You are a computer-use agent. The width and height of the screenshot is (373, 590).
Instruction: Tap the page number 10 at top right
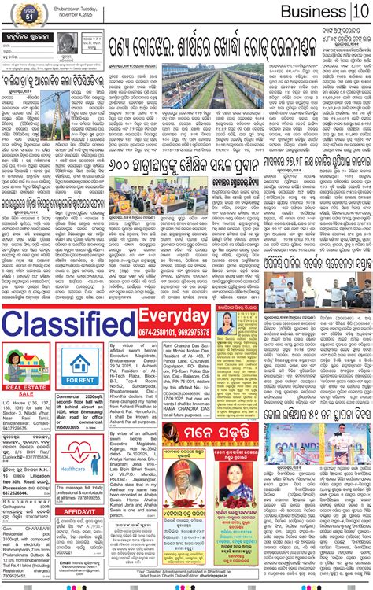[360, 12]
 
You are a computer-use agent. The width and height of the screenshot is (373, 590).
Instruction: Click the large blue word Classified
[68, 323]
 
